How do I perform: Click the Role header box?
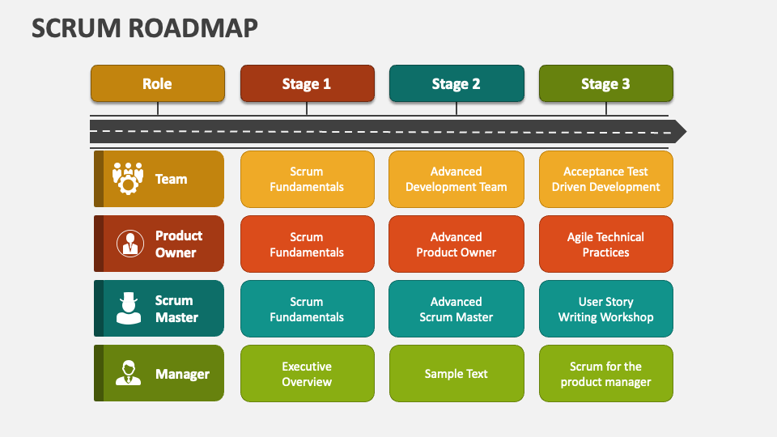158,83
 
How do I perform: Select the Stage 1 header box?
308,83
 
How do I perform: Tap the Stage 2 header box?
456,83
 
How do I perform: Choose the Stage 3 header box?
606,83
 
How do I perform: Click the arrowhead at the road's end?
680,131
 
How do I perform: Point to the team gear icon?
128,178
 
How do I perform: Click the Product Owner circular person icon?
130,244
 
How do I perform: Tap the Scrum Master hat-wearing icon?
129,308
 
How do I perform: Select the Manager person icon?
129,372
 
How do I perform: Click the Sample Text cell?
456,374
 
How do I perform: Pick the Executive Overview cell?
308,374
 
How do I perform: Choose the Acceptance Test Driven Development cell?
606,179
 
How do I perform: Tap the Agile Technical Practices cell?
606,244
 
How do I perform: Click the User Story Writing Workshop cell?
606,308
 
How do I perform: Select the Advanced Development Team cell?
456,179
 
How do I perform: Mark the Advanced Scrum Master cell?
456,308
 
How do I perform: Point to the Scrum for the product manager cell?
606,374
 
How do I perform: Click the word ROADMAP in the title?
193,28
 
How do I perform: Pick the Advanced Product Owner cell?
456,244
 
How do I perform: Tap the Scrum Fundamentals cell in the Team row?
308,179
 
